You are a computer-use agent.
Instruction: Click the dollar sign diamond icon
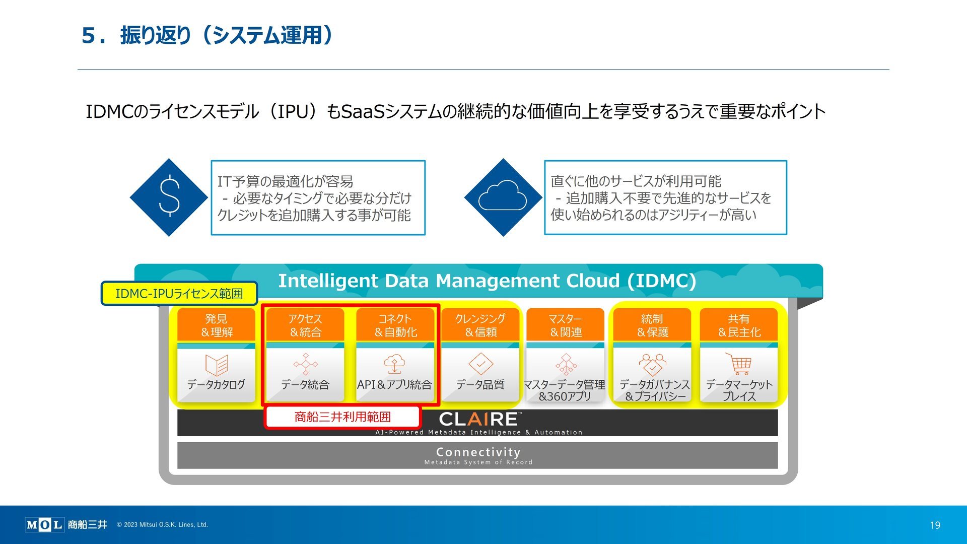169,197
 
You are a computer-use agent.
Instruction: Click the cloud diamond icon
503,197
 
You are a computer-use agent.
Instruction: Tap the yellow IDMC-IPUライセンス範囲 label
179,293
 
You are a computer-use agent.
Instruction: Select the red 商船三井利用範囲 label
342,417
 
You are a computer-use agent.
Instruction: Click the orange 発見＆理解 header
217,325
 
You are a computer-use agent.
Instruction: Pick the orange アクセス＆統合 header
305,325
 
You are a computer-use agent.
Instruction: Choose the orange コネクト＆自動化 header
395,325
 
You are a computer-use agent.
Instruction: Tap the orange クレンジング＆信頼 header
480,325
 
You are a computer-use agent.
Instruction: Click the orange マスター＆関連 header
565,325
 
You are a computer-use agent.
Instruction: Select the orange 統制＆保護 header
652,325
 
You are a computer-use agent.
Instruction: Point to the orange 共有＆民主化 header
739,325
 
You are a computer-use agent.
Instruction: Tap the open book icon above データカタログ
217,365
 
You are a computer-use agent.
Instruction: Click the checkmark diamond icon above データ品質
480,364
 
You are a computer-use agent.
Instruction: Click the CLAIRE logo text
479,419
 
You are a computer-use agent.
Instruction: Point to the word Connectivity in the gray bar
478,452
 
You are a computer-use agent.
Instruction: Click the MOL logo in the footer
44,525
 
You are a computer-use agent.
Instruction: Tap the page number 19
935,525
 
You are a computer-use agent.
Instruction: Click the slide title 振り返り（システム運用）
226,35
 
